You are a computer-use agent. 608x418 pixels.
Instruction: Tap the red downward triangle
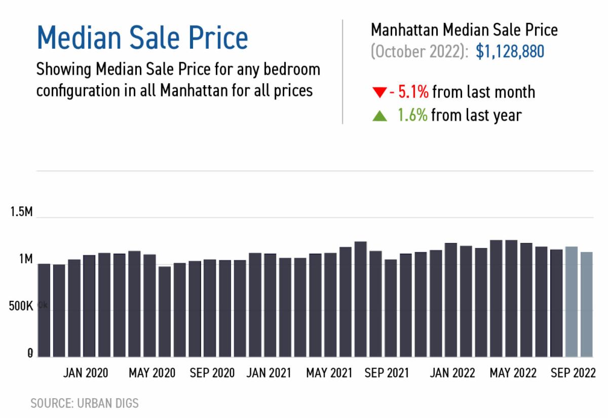[379, 93]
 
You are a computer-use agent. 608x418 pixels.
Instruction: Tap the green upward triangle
[379, 116]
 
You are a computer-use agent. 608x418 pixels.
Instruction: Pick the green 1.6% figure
[412, 115]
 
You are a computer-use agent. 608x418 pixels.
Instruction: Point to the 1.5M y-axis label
[21, 212]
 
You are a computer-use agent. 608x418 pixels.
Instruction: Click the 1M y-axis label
[26, 260]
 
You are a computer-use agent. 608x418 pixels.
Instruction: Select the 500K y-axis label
[20, 307]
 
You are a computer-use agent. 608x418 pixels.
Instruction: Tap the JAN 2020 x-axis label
[85, 373]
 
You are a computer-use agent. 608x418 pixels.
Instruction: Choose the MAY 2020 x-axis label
[152, 373]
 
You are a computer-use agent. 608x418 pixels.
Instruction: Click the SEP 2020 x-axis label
[212, 373]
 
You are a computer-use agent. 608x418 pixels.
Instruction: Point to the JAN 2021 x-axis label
[269, 373]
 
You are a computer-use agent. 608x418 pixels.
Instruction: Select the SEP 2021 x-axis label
[387, 373]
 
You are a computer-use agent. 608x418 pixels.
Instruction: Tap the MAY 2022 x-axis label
[513, 373]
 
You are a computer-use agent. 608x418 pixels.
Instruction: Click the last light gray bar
[586, 304]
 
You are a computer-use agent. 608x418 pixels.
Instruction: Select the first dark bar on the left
[45, 310]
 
